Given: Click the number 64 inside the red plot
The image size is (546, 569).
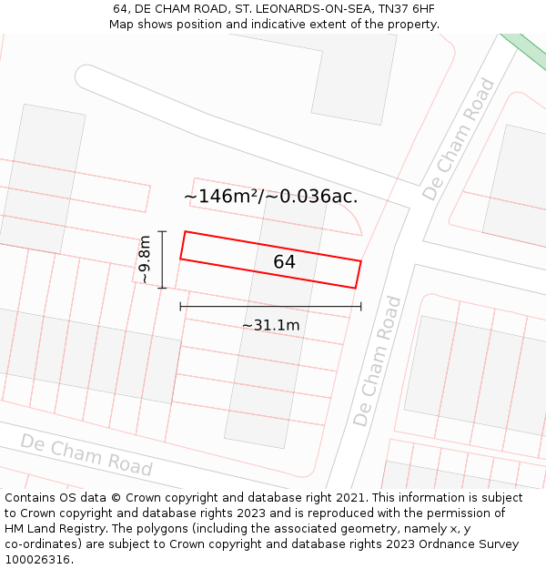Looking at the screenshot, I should [x=284, y=262].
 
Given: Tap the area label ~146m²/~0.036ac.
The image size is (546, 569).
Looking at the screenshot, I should [x=270, y=196].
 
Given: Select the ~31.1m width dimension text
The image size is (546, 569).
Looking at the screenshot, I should [x=270, y=325].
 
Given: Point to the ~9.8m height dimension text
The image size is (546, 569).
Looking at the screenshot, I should [x=144, y=259].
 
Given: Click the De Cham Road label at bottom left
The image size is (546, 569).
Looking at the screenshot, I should [x=86, y=454].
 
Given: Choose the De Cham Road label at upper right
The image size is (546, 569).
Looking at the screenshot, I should [x=460, y=139].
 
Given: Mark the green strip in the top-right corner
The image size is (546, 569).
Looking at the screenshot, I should [x=525, y=51].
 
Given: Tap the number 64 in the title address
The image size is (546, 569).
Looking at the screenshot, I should [x=120, y=8].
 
